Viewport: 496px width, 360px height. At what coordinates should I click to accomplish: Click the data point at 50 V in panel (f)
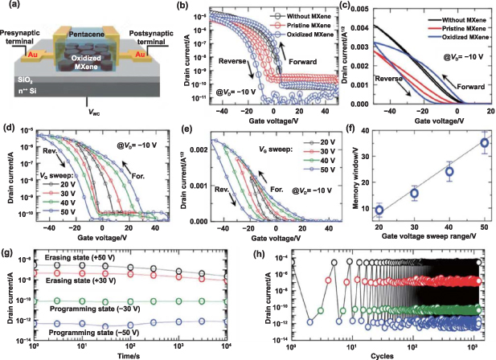(484, 143)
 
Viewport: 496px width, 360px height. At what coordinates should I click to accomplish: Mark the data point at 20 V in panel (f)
(379, 211)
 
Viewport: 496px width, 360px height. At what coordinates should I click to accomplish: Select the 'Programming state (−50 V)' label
(100, 330)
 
